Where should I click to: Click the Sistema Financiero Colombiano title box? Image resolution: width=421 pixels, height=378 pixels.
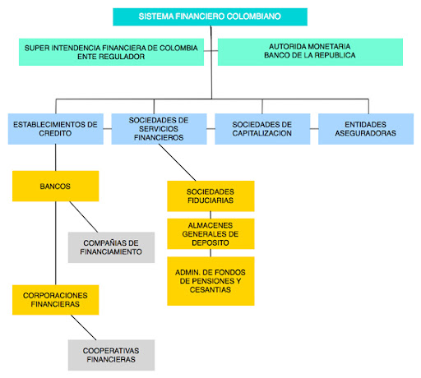coord(210,16)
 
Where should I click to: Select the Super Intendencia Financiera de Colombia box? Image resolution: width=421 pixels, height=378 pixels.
coord(111,52)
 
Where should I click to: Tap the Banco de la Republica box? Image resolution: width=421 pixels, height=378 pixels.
coord(310,52)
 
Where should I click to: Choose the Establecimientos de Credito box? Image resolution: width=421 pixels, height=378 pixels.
coord(56,129)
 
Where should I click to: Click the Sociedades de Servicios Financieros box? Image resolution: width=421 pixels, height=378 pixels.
coord(159,129)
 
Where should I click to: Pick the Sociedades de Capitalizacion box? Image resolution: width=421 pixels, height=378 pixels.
coord(262,129)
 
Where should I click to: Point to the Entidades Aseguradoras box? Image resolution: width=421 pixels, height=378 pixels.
coord(366,129)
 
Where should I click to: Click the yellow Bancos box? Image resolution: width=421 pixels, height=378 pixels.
coord(56,186)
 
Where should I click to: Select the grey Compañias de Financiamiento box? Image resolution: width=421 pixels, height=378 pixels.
coord(111,247)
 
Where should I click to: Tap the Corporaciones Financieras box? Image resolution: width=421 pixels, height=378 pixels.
coord(56,300)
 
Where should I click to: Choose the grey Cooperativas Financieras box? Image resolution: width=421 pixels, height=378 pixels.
coord(111,355)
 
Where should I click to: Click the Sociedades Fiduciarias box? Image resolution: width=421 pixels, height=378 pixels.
coord(210,196)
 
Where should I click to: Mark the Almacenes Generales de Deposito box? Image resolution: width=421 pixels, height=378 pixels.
coord(210,233)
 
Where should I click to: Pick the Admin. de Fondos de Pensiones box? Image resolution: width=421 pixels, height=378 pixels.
coord(210,281)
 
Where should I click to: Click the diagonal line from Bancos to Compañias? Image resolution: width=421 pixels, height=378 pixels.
coord(84,217)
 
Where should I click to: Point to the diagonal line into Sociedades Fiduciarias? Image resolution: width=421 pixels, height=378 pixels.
coord(178,163)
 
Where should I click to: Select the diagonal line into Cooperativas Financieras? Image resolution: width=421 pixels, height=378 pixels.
coord(84,327)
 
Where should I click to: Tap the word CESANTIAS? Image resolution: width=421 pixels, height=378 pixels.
coord(210,290)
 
